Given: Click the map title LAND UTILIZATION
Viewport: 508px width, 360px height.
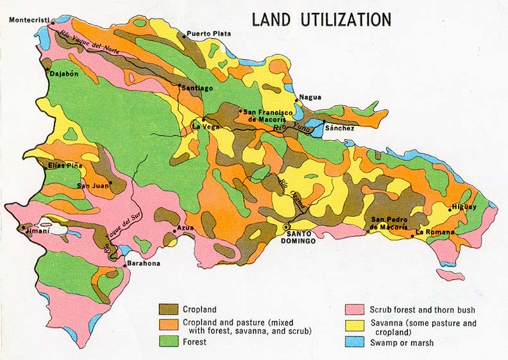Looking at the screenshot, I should pos(321,19).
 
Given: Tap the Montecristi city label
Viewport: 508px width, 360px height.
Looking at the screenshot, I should pos(29,20).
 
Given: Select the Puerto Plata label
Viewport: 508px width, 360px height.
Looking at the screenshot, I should pos(209,34).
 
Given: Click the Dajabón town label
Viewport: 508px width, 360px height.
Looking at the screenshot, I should pos(64,74).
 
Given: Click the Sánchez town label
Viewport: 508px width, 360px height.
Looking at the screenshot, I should pos(340,128).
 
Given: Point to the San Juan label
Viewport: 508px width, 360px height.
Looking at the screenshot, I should pos(90,186).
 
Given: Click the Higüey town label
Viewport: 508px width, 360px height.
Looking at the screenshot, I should pos(464,207).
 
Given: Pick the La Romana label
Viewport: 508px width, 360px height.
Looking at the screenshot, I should pos(435,232).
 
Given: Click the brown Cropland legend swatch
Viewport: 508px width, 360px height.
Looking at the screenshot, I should pos(169,309).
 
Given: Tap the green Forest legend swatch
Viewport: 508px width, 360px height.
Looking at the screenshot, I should pos(169,342).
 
